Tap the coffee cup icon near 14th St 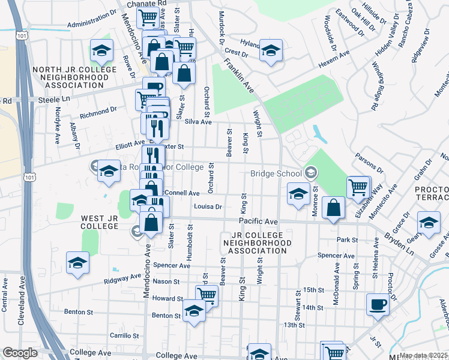pyautogui.click(x=378, y=305)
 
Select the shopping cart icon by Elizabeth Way pyautogui.click(x=358, y=187)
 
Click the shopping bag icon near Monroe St pyautogui.click(x=333, y=208)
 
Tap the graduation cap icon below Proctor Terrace pyautogui.click(x=429, y=223)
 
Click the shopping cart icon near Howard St pyautogui.click(x=206, y=295)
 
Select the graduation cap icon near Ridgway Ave pyautogui.click(x=78, y=264)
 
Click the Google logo pyautogui.click(x=20, y=353)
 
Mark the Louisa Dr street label pyautogui.click(x=208, y=206)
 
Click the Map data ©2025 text pyautogui.click(x=423, y=355)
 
